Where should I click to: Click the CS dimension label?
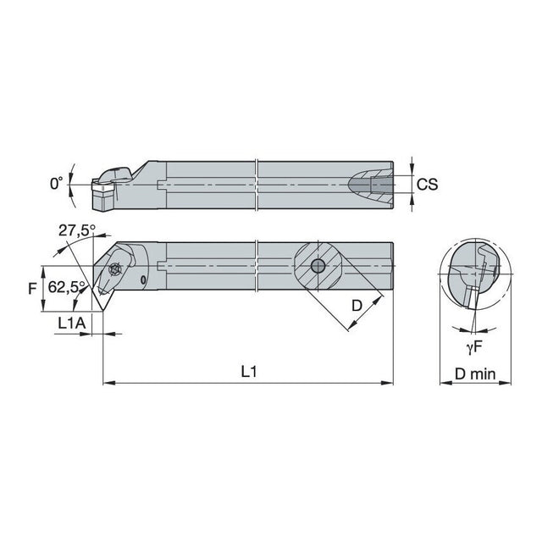click(x=427, y=185)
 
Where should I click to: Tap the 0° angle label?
click(x=57, y=183)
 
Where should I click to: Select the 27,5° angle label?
click(x=77, y=230)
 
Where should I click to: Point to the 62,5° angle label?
click(x=66, y=287)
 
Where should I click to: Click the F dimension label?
click(x=32, y=289)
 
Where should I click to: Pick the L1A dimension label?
click(x=71, y=324)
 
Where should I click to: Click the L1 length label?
click(x=249, y=372)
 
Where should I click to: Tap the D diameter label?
click(x=357, y=306)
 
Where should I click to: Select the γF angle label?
click(x=474, y=348)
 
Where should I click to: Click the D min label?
click(x=475, y=373)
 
